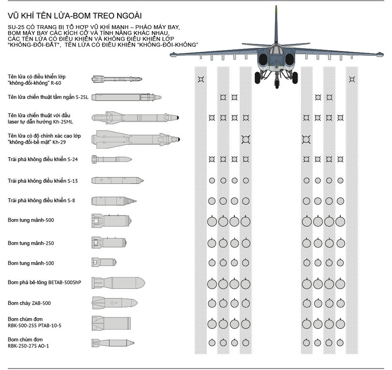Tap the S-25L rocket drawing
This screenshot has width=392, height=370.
(126, 97)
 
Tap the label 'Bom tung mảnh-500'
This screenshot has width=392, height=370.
(30, 221)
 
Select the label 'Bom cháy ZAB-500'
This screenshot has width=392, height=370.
(29, 303)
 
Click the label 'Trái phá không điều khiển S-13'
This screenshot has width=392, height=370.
(42, 180)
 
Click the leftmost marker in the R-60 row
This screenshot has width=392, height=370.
(200, 79)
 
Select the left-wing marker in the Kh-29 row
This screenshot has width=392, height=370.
(245, 139)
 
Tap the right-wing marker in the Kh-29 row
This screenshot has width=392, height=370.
(306, 139)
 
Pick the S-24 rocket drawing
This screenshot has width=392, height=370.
(112, 159)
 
